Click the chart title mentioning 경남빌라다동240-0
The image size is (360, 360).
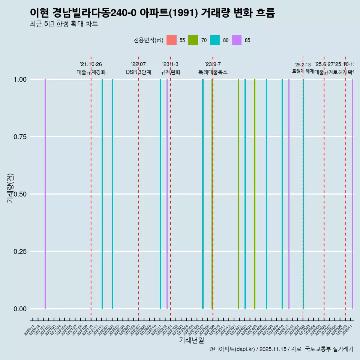coord(152,13)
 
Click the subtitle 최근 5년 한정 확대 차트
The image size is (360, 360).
coord(64,24)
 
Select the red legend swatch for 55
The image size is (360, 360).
coord(171,40)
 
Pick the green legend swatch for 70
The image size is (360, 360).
coord(193,40)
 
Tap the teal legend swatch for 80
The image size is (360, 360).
coord(215,40)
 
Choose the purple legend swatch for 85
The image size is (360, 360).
coord(237,40)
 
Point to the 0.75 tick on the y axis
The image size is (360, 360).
coord(19,137)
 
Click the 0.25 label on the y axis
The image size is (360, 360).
coord(19,252)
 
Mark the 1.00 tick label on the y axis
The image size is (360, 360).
coord(19,79)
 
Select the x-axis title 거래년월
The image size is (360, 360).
coord(191,340)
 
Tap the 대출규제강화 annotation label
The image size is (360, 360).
coord(91,72)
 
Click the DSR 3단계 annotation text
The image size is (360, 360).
coord(138,72)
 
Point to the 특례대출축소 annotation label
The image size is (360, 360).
coord(213,72)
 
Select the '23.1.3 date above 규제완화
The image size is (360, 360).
coord(170,64)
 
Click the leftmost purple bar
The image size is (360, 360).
coord(45,194)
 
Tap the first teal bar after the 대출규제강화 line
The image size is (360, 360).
coord(102,194)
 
